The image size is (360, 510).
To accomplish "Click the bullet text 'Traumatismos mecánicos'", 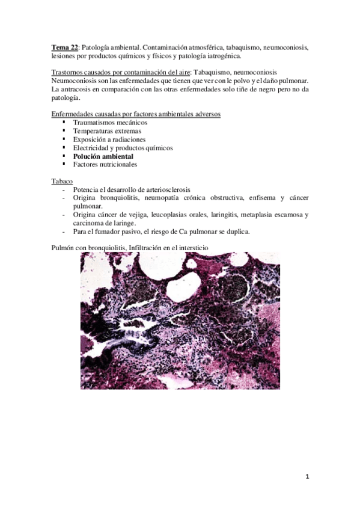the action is (x=109, y=122).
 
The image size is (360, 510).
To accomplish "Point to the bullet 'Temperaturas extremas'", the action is (x=107, y=131).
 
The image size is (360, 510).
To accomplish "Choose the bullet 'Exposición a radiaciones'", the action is (x=109, y=139).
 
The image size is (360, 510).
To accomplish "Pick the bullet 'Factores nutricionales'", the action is (x=105, y=164).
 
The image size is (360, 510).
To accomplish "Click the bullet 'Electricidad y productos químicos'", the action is (x=123, y=147).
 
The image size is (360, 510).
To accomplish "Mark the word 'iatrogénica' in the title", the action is (x=220, y=56).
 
